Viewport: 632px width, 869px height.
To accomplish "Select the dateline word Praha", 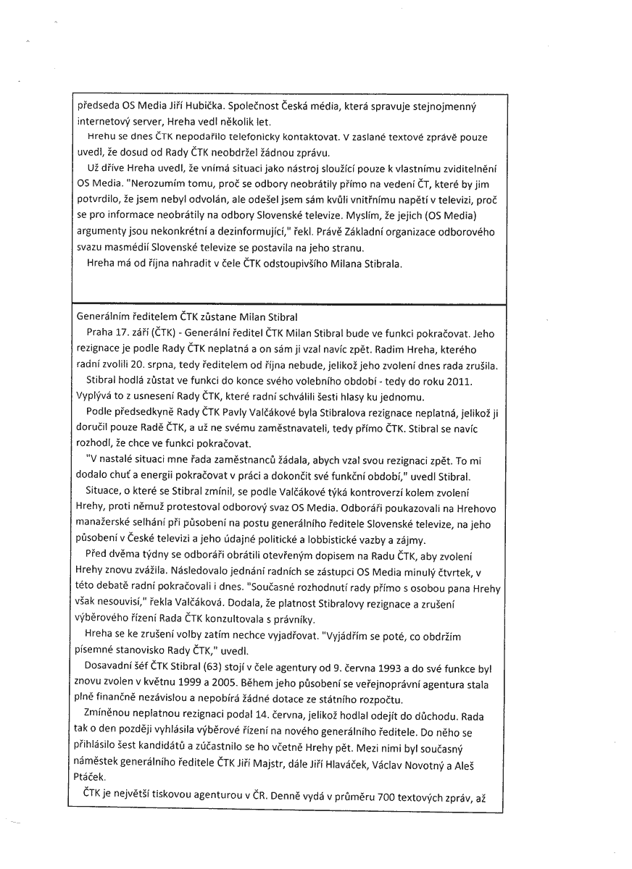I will pos(99,335).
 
